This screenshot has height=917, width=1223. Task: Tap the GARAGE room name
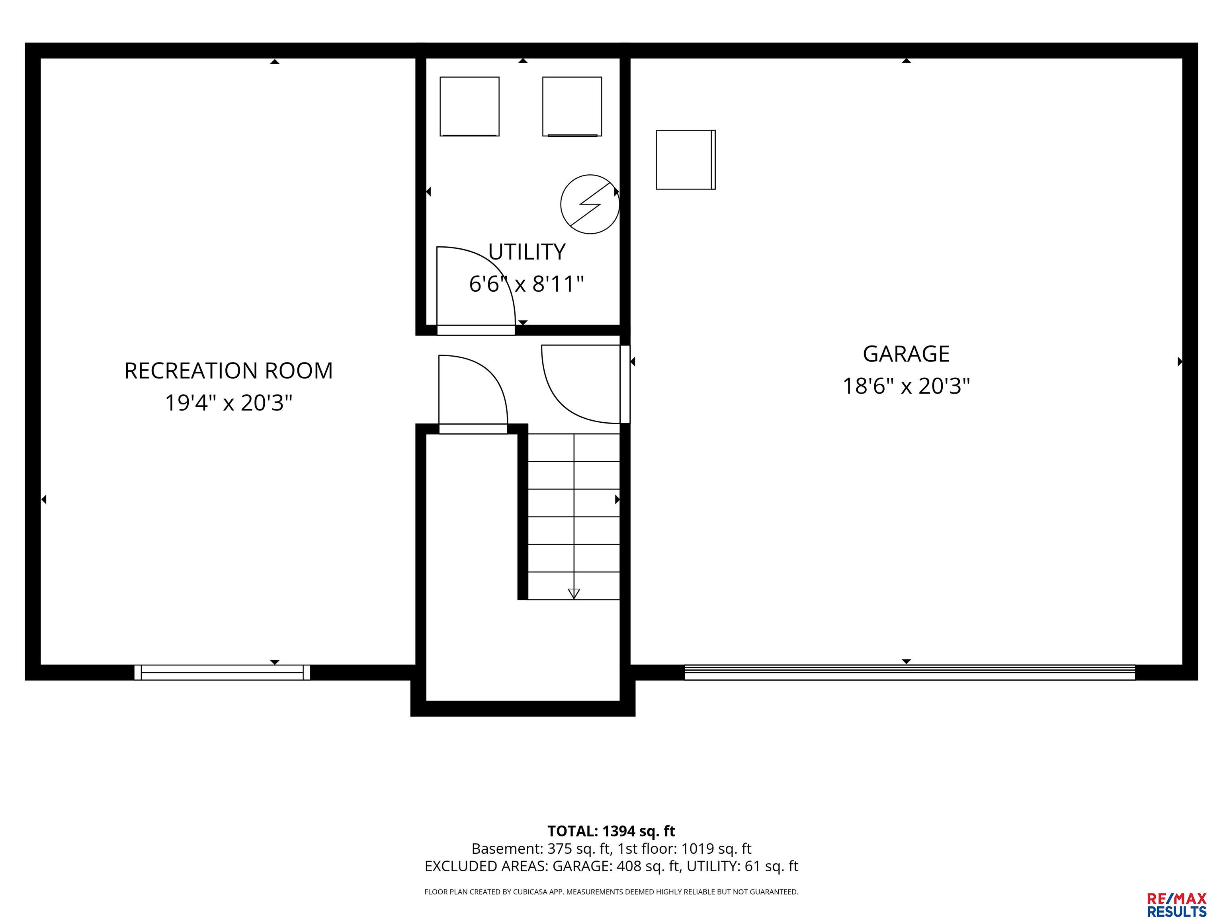(906, 354)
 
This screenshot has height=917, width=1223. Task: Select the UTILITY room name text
(526, 252)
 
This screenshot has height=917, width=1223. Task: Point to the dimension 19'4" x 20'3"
(229, 402)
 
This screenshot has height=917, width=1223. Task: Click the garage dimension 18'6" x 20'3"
(906, 386)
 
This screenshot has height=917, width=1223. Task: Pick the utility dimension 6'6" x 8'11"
(526, 284)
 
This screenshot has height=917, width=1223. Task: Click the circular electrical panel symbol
(590, 204)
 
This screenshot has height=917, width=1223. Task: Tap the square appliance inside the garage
(686, 160)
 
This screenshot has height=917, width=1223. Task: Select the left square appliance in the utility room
(469, 106)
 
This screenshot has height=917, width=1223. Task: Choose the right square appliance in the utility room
(572, 106)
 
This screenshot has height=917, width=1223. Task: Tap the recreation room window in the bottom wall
(222, 672)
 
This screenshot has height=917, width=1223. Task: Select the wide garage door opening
(910, 672)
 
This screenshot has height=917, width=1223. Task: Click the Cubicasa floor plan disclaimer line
(611, 892)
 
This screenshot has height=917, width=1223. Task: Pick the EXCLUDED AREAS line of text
(611, 866)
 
